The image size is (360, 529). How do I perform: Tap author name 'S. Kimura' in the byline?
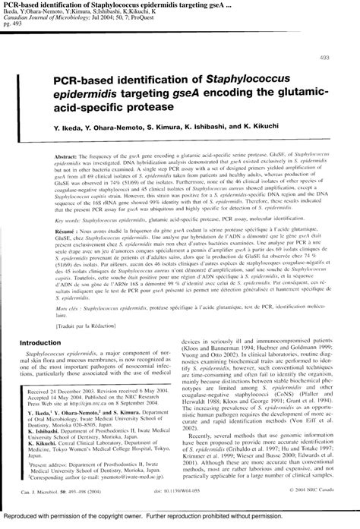174,127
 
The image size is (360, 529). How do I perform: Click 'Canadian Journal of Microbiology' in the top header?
55,19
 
